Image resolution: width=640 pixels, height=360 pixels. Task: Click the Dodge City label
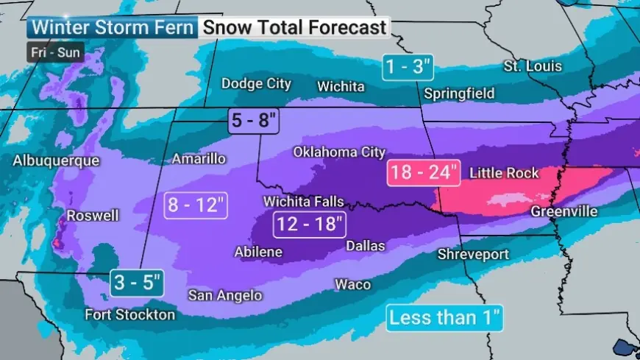257,84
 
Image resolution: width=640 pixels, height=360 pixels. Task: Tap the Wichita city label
341,87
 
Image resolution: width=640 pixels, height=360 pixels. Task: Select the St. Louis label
533,66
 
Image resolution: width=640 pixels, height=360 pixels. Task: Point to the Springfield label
459,94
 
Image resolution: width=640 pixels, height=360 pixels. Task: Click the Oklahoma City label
339,152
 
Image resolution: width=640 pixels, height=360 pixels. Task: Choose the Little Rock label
504,173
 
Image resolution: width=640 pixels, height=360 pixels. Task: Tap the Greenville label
563,212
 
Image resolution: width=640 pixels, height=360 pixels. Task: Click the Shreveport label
473,254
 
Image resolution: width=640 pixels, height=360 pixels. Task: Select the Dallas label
366,244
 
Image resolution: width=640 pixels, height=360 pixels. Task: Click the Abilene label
258,252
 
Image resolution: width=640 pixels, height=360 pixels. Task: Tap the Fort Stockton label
130,315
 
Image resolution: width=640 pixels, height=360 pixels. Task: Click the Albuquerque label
56,160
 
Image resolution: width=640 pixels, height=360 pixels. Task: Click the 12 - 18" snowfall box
309,224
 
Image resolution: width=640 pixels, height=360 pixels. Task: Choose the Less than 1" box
445,319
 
